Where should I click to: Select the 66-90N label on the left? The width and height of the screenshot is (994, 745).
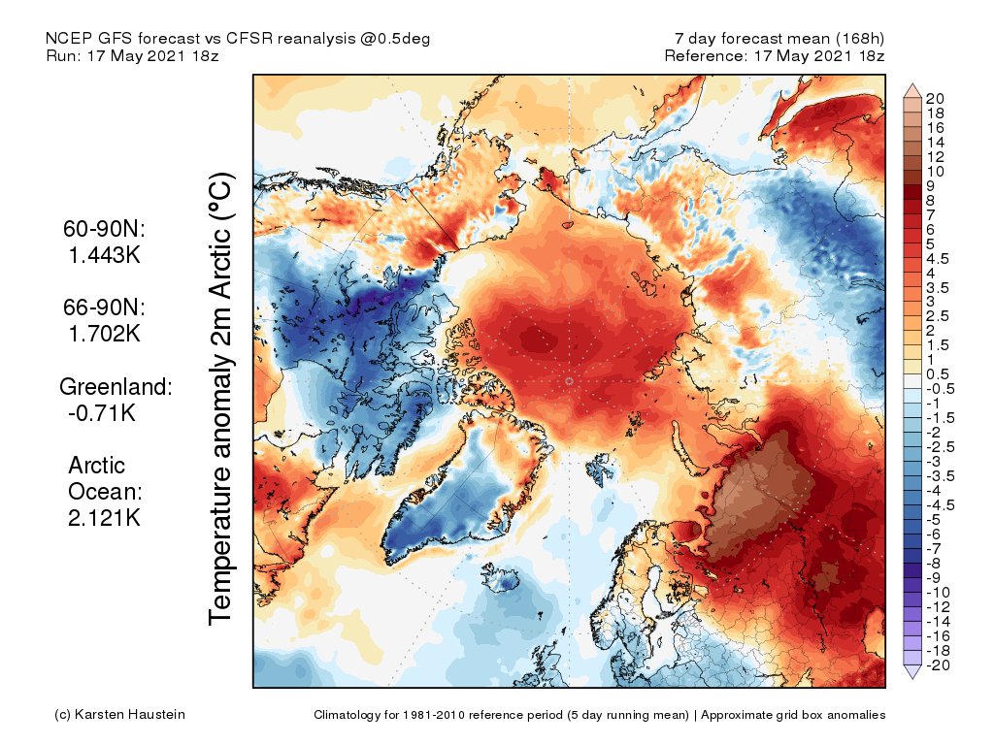click(x=102, y=308)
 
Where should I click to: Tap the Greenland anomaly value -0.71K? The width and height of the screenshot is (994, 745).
click(x=100, y=413)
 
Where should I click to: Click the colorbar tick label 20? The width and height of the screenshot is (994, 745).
click(x=935, y=99)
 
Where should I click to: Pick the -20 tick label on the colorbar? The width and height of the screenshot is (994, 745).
click(x=937, y=664)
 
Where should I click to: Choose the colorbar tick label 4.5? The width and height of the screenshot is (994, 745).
click(x=937, y=259)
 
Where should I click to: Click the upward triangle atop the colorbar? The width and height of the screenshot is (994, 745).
click(x=912, y=90)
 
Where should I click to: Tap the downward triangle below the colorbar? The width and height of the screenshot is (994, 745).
click(x=912, y=671)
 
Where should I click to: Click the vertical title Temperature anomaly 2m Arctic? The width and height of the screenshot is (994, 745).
click(x=222, y=398)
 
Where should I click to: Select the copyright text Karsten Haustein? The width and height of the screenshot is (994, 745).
click(x=119, y=715)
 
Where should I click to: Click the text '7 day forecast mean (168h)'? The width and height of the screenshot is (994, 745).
click(x=779, y=38)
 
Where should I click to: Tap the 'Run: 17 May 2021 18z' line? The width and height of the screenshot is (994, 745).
click(x=132, y=55)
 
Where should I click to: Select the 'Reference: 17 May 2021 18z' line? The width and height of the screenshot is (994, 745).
click(x=775, y=55)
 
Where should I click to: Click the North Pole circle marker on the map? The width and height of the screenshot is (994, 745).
click(x=569, y=382)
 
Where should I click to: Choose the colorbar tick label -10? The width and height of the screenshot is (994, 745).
click(x=937, y=592)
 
